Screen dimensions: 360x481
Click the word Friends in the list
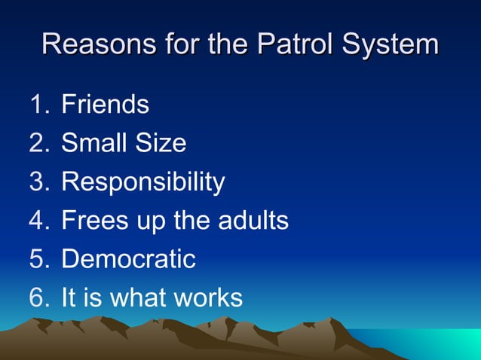(105, 104)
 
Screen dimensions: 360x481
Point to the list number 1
(38, 104)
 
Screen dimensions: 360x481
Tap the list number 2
(38, 143)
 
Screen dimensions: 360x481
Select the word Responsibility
(142, 182)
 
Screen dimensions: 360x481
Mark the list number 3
(38, 182)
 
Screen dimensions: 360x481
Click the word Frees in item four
(94, 221)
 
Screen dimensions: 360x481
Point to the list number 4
(38, 221)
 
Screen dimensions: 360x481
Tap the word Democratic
(128, 259)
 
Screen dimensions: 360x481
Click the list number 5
(38, 259)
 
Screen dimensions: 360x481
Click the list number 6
(38, 297)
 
